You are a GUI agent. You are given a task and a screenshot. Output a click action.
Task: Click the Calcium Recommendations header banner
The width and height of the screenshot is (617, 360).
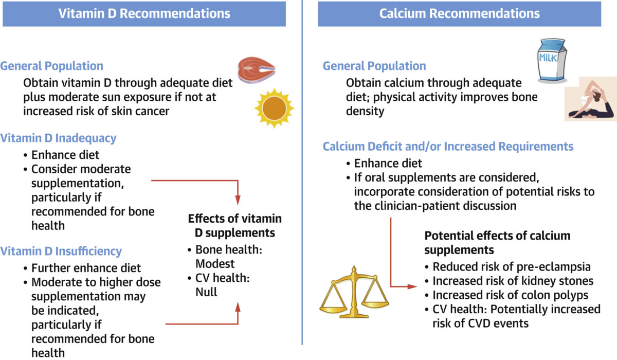click(x=459, y=13)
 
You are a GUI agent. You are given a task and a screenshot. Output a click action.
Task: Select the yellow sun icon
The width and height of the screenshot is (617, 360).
click(x=274, y=109)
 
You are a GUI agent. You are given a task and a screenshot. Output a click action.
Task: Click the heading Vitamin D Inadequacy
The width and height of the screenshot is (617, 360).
click(x=58, y=138)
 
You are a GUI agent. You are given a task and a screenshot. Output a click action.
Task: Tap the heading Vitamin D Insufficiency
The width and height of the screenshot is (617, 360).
click(x=61, y=251)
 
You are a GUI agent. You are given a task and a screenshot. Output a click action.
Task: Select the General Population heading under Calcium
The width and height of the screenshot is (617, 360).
click(x=374, y=66)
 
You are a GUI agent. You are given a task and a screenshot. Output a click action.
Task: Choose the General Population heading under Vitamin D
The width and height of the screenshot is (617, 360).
click(x=51, y=66)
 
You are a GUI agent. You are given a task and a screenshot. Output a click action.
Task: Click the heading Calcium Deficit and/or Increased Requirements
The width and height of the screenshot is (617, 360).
click(x=448, y=147)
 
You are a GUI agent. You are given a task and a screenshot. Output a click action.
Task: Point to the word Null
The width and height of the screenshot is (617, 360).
click(x=206, y=292)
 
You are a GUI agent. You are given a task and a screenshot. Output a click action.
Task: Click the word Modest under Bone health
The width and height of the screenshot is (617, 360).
click(x=215, y=264)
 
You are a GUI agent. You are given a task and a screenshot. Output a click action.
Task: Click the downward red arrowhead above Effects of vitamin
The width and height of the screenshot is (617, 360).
click(x=238, y=199)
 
